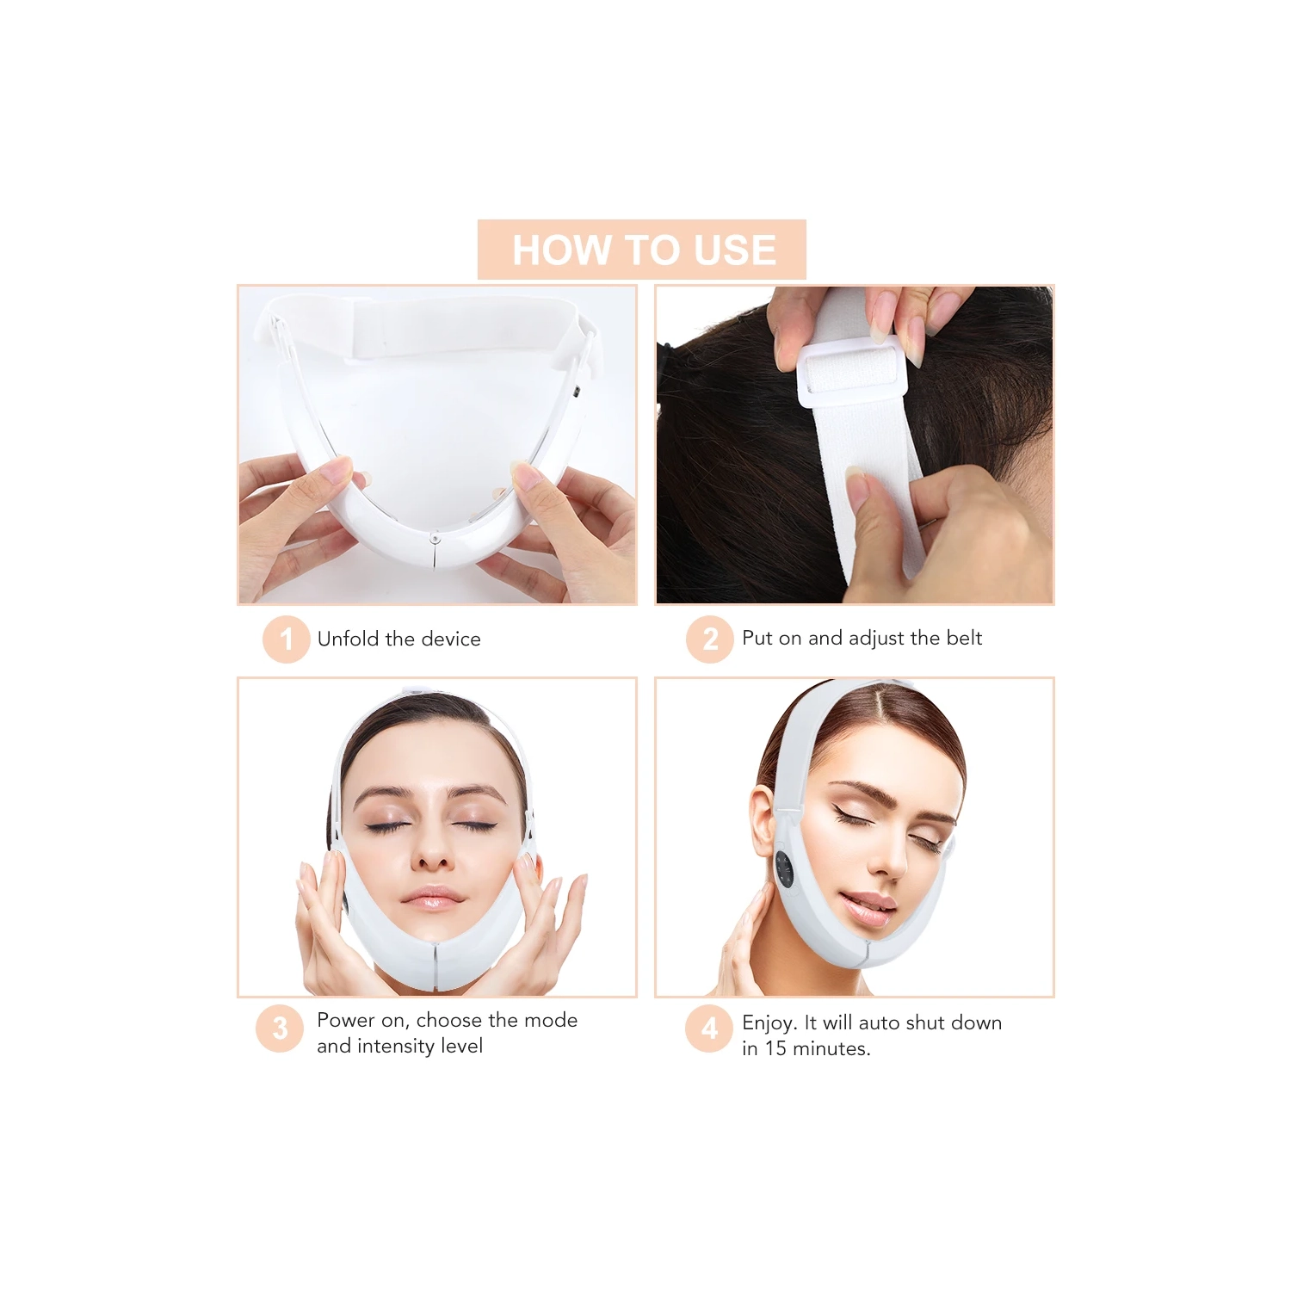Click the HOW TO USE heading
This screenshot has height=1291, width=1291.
tap(643, 250)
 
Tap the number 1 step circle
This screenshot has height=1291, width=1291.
tap(286, 639)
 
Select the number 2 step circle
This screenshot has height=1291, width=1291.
tap(709, 639)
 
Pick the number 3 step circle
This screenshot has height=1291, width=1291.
tap(280, 1028)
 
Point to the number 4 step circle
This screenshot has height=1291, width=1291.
tap(708, 1028)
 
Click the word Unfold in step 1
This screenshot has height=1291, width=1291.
tap(348, 639)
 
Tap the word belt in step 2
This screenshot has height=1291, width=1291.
tap(964, 638)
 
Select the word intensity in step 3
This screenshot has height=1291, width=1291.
tap(395, 1046)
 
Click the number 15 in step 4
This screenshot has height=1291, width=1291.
tap(775, 1048)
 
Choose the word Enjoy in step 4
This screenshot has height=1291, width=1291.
tap(769, 1023)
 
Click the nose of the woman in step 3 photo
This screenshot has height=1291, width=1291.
tap(432, 856)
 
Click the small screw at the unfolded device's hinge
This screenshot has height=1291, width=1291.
tap(435, 539)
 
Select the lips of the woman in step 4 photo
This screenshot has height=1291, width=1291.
tap(868, 907)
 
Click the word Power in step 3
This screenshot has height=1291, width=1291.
tap(346, 1020)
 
